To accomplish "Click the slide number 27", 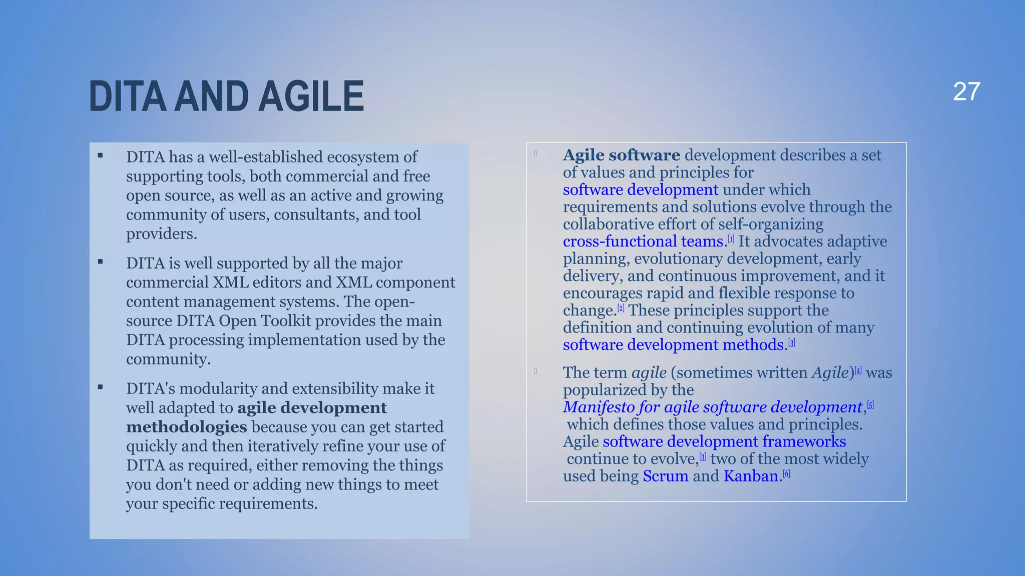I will (x=966, y=92).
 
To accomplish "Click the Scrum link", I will (x=665, y=476).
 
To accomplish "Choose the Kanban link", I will (x=751, y=476).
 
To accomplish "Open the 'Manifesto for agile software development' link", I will (x=713, y=407).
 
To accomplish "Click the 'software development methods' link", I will (x=673, y=345).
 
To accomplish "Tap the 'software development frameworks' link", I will (x=724, y=441).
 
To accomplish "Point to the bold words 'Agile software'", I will (x=621, y=155).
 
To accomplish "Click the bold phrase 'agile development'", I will (x=312, y=408).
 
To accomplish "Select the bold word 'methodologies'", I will (x=186, y=427).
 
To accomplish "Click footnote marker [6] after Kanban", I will (x=787, y=474).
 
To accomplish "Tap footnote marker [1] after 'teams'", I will (x=731, y=239).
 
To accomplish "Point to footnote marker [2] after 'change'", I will (x=621, y=308).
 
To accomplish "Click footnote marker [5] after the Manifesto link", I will (x=870, y=405).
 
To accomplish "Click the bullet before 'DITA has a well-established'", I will (x=101, y=155).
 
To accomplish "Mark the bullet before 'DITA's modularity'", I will (x=101, y=387).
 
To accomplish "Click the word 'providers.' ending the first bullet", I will (x=162, y=234).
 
